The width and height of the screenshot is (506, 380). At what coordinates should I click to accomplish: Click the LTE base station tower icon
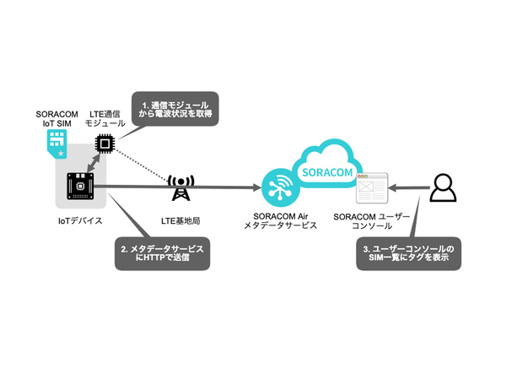pos(180,189)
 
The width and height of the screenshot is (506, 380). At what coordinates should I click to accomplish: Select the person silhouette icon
pos(443,187)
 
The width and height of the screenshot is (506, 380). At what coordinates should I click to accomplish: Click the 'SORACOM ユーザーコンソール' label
pos(372,222)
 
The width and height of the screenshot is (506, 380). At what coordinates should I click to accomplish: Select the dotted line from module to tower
pos(143,166)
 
